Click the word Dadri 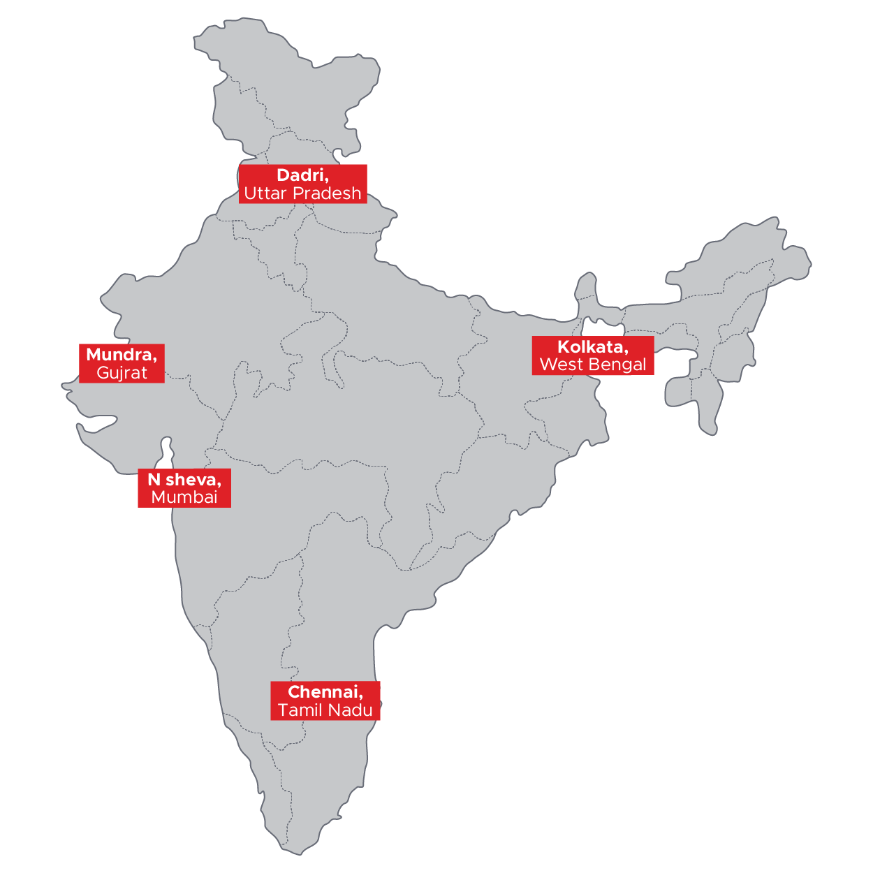[301, 175]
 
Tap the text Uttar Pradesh [302, 193]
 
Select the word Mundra [119, 355]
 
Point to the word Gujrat [122, 373]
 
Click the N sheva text [184, 480]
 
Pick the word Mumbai [184, 497]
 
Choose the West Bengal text [593, 365]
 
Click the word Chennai [324, 692]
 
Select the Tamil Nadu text [325, 710]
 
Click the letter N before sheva [154, 480]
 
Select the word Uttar [265, 193]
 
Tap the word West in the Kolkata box [561, 365]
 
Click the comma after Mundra [155, 358]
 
